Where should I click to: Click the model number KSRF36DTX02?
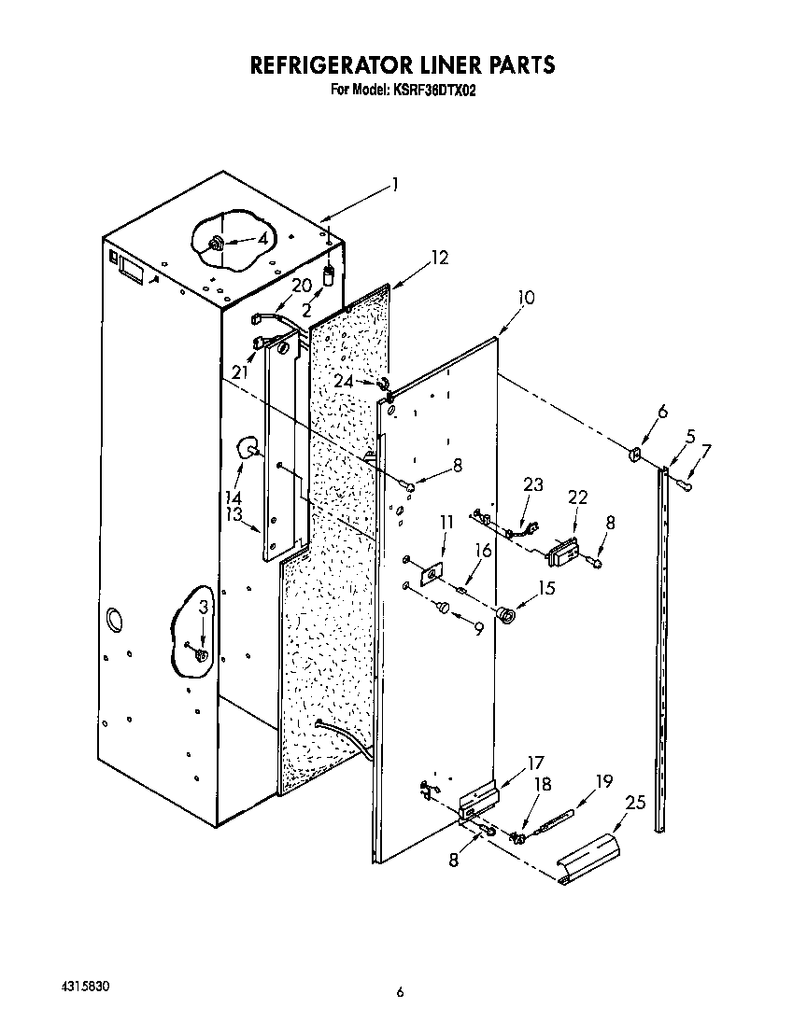(435, 91)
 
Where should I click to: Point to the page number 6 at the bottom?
(400, 992)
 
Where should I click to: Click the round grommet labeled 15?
(506, 616)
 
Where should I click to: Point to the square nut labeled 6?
(634, 455)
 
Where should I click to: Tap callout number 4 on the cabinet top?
(262, 239)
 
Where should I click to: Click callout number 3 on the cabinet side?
(204, 608)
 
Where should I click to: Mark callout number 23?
(532, 483)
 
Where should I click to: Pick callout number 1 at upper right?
(395, 184)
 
